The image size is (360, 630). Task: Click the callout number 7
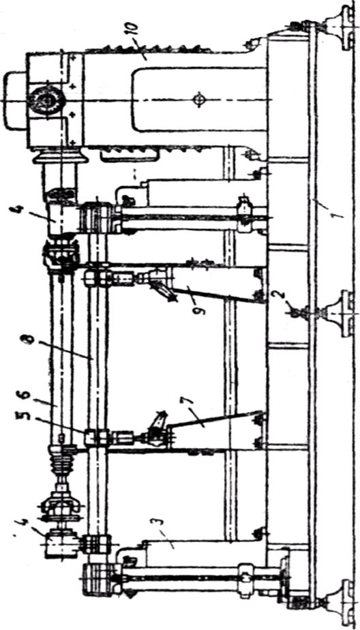(183, 402)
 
